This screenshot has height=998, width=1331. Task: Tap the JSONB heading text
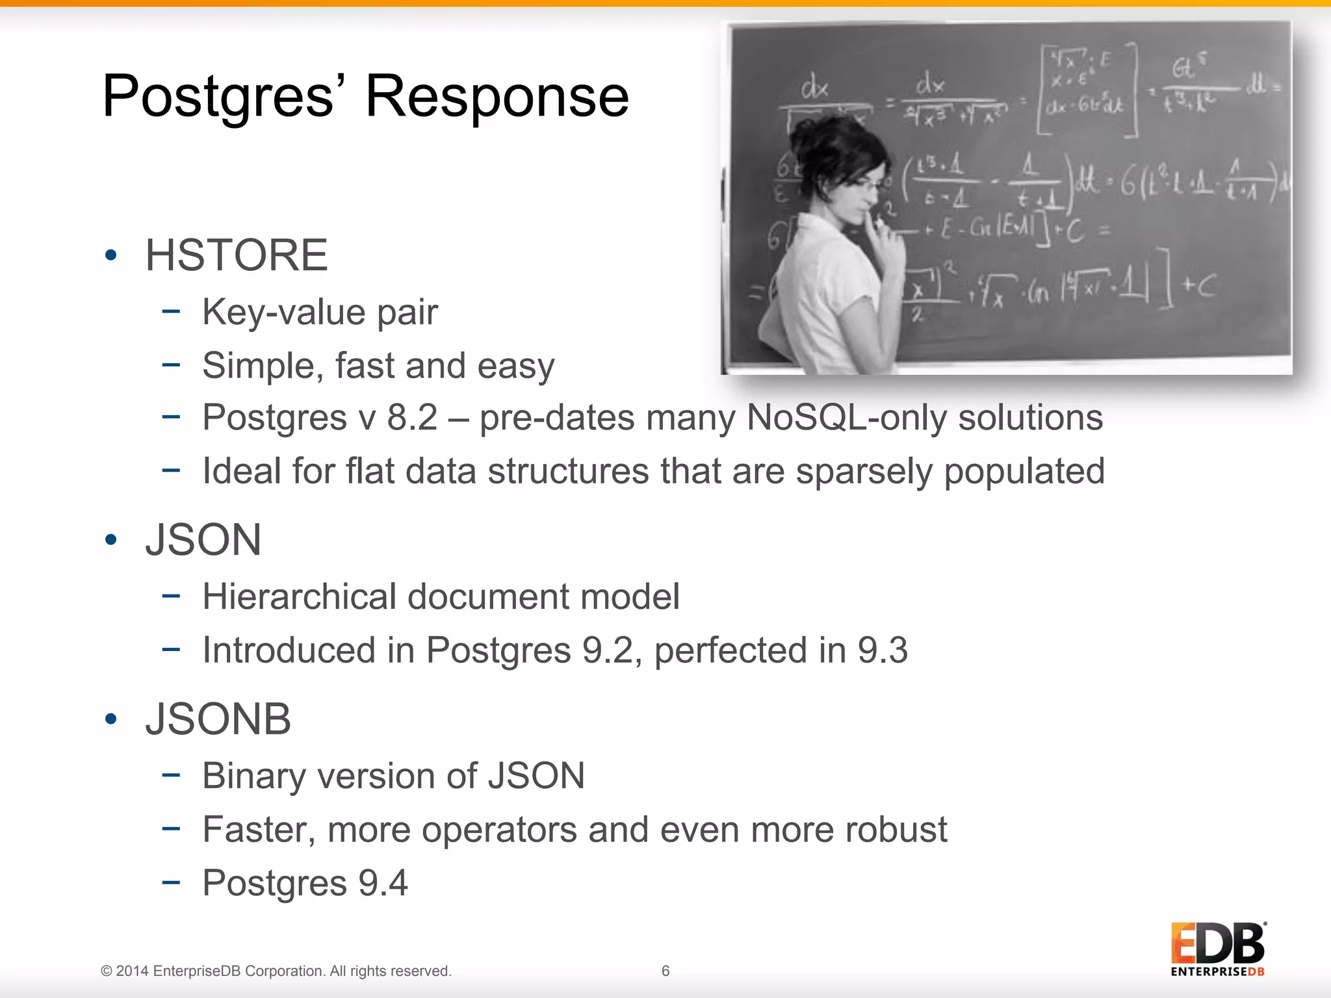click(218, 719)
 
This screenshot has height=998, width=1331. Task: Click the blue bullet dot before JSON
click(111, 539)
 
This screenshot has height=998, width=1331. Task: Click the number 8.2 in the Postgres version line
click(412, 417)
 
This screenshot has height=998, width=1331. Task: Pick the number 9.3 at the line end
click(882, 650)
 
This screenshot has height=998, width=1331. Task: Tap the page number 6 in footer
click(665, 971)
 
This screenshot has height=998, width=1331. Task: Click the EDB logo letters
click(1217, 943)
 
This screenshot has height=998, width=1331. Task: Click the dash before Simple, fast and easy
click(171, 365)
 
